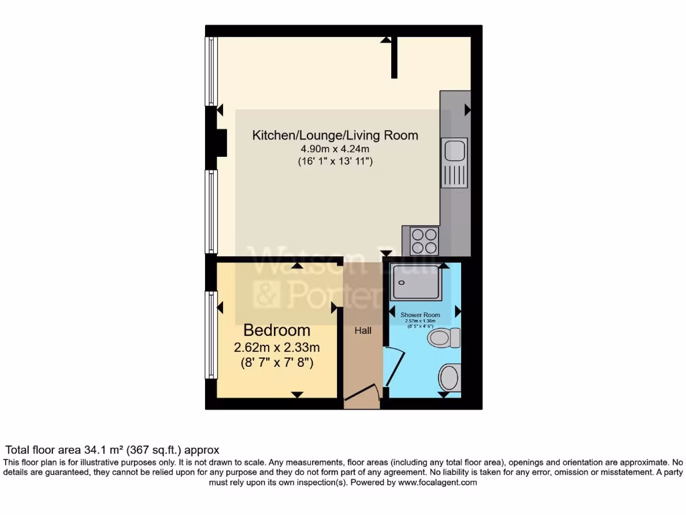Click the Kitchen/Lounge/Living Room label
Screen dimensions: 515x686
[335, 135]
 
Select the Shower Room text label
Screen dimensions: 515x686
[420, 314]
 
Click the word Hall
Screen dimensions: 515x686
[362, 331]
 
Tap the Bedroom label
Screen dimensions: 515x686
[277, 330]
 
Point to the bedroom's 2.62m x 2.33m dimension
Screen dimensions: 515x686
[277, 347]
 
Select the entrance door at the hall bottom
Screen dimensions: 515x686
[362, 395]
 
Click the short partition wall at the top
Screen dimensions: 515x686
[395, 58]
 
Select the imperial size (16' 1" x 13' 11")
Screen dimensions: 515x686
[335, 162]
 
